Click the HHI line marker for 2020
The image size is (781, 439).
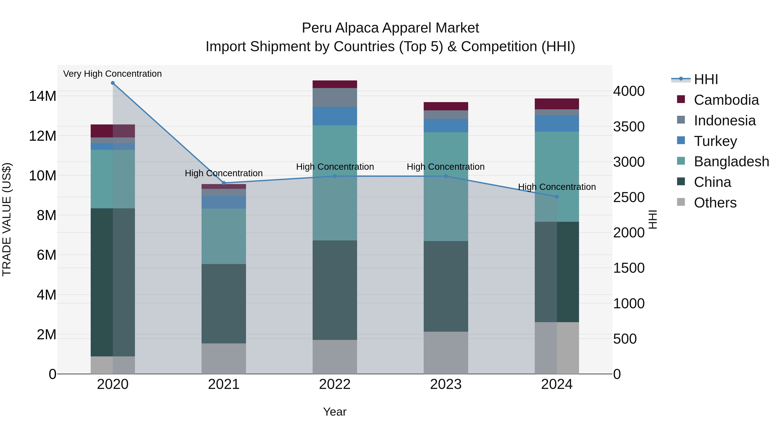[x=113, y=83]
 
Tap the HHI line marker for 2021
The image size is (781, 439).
[x=224, y=183]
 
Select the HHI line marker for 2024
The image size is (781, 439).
[x=557, y=197]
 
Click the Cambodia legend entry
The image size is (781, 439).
[x=726, y=100]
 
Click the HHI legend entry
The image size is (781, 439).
[x=706, y=79]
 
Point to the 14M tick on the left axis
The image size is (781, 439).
[x=43, y=96]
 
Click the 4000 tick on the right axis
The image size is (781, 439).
[x=629, y=91]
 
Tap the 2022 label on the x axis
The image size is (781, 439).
[x=335, y=384]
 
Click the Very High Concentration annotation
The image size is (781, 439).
[x=112, y=74]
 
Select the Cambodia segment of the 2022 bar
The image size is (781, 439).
[x=335, y=84]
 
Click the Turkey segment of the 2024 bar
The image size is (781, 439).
[x=557, y=123]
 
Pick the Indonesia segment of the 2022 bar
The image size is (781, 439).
[x=335, y=97]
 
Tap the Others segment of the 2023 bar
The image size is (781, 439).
[x=446, y=353]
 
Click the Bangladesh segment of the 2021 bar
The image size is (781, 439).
[x=224, y=236]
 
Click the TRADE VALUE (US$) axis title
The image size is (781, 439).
[x=7, y=219]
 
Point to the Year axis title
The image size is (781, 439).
[x=335, y=412]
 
